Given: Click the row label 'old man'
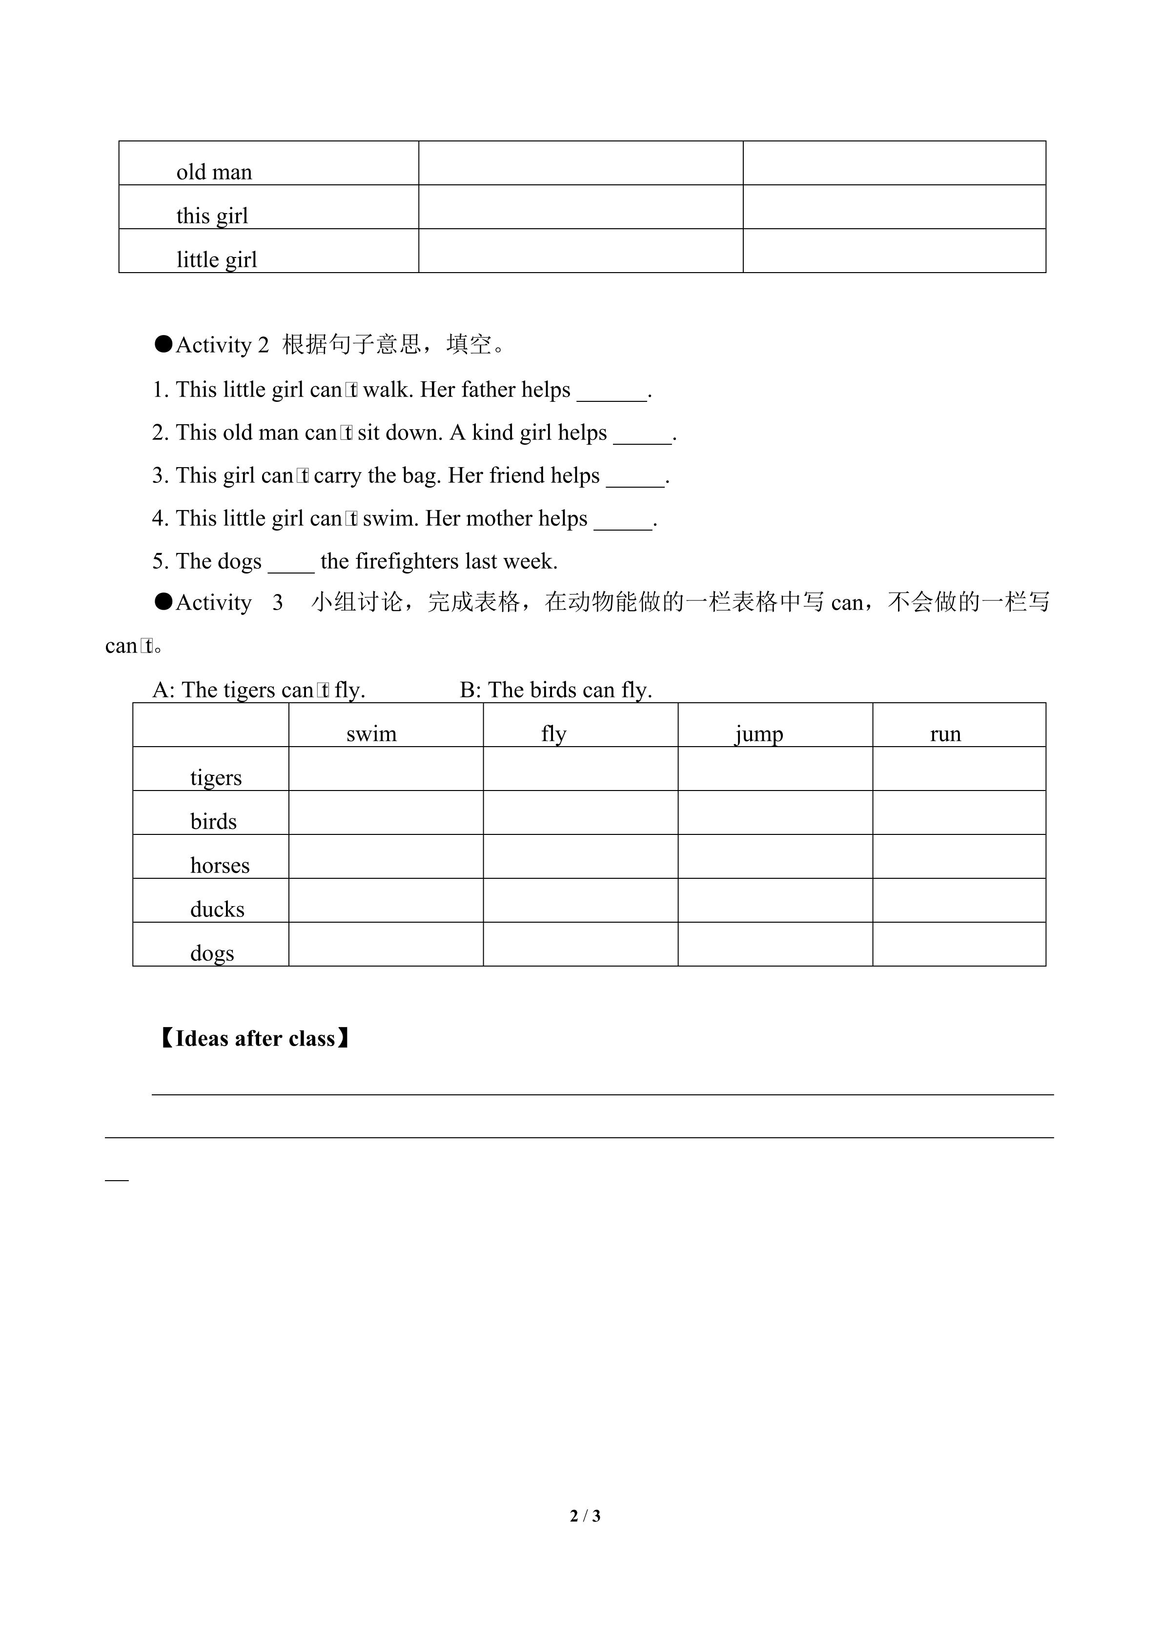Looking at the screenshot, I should pyautogui.click(x=214, y=172).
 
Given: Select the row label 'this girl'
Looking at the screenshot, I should pyautogui.click(x=212, y=216).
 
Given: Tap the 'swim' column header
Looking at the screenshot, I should pyautogui.click(x=371, y=734).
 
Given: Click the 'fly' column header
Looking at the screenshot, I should pyautogui.click(x=554, y=734).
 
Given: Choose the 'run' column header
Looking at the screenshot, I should pyautogui.click(x=945, y=734).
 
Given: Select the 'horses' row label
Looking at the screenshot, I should pyautogui.click(x=220, y=866).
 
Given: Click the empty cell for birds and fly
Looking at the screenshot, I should pyautogui.click(x=580, y=813).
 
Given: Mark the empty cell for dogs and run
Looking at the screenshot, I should pyautogui.click(x=959, y=945).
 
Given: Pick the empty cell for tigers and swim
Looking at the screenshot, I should pyautogui.click(x=386, y=770).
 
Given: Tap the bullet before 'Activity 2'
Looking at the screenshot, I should pyautogui.click(x=164, y=345).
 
